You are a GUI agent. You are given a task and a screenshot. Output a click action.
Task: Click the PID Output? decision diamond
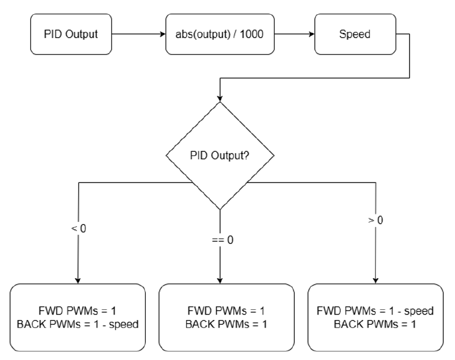point(219,155)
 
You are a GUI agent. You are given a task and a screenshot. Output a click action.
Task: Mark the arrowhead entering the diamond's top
point(219,98)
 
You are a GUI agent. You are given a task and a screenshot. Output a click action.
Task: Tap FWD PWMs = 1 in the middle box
point(226,311)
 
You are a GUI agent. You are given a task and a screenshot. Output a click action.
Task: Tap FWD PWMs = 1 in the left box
point(78,311)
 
